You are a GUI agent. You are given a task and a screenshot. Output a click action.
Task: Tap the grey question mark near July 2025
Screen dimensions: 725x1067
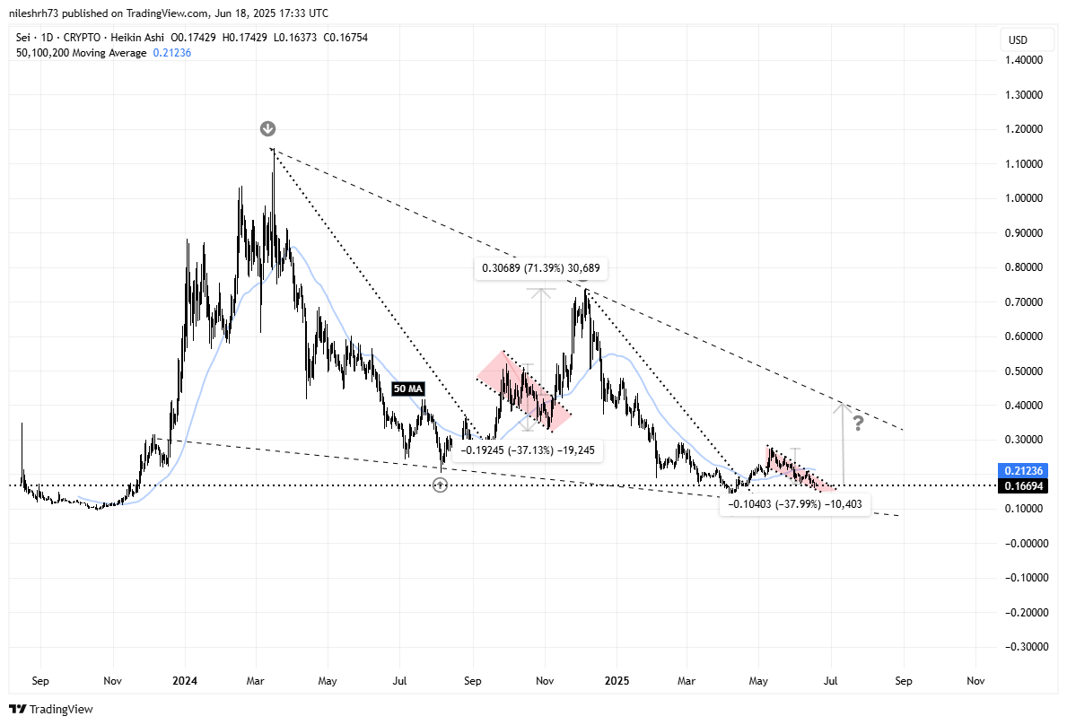pos(858,423)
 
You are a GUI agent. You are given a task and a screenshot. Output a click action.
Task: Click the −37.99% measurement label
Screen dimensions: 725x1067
pos(793,505)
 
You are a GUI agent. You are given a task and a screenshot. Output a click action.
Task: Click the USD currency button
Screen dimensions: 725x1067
pos(1019,40)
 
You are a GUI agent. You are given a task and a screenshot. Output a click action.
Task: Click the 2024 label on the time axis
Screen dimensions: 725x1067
pos(185,681)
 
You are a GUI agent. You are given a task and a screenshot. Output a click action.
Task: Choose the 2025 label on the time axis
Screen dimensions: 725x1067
pos(617,681)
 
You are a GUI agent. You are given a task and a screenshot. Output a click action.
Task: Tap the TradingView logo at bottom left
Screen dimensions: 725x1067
pos(51,709)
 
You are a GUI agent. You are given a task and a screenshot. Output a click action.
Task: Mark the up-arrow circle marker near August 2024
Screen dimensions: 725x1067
pos(440,485)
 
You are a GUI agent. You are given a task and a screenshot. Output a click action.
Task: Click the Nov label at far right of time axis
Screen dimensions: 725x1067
pos(975,681)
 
